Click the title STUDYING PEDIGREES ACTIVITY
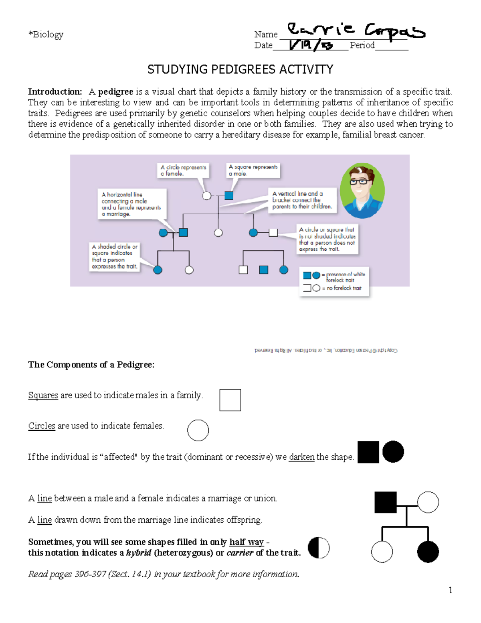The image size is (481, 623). pos(240,69)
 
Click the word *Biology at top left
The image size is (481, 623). pos(46,34)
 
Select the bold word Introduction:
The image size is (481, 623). pos(55,92)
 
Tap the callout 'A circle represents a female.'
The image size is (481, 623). pos(183,170)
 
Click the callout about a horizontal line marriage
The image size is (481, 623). pos(131,204)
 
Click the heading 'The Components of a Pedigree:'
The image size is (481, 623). pos(91,365)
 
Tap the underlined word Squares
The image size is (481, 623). pos(43,396)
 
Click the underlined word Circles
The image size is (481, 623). pos(42,426)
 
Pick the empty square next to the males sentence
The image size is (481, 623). pos(230,400)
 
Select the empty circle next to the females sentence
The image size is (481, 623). pos(198,430)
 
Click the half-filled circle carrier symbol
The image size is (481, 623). pos(319,548)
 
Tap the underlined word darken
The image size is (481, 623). pos(301,457)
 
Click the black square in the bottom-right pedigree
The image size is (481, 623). pos(385,502)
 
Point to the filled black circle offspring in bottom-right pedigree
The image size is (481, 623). pos(428,552)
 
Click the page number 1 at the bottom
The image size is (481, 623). pos(450,590)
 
